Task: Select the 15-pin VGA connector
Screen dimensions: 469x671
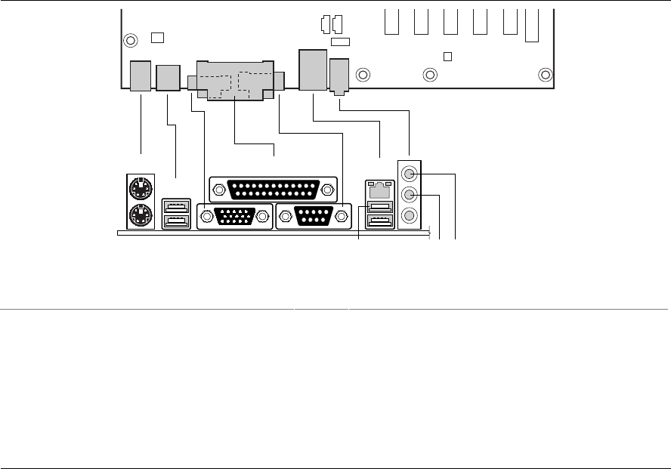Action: coord(234,217)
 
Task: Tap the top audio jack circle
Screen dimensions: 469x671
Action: coord(410,173)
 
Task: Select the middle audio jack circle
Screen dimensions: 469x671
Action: coord(410,194)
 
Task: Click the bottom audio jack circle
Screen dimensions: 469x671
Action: coord(410,215)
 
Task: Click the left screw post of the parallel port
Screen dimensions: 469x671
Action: coord(218,190)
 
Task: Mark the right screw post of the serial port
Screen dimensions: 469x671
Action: coord(342,218)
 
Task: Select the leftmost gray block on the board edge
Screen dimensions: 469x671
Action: coord(141,76)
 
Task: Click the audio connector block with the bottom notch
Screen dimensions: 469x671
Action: coord(340,76)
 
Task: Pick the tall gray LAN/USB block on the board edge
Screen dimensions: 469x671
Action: coord(312,70)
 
